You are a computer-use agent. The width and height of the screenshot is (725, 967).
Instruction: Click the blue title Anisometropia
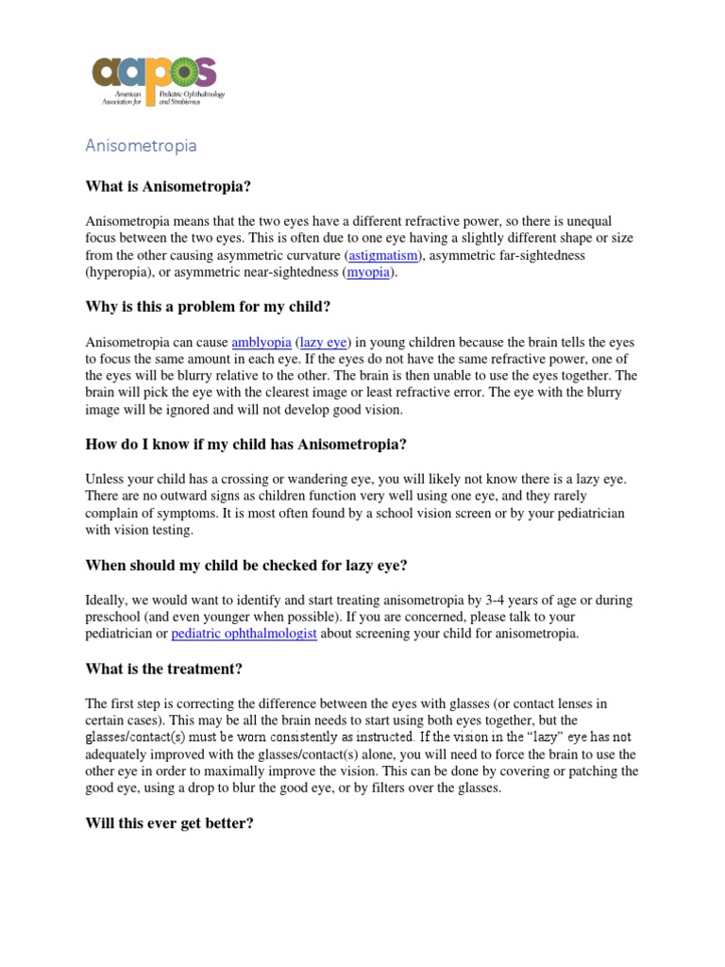141,145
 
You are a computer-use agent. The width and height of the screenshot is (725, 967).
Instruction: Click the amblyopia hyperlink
261,342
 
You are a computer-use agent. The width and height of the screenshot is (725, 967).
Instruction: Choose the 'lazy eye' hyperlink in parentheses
324,342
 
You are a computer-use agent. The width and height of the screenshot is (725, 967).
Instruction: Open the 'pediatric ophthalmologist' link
244,634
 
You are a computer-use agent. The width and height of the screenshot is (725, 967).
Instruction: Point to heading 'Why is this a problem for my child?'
209,307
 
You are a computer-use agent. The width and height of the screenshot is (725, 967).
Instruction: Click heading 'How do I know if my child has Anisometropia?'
246,445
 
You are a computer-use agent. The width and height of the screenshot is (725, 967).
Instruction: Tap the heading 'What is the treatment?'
164,669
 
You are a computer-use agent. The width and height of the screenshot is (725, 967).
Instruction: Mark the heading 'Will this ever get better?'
170,823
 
